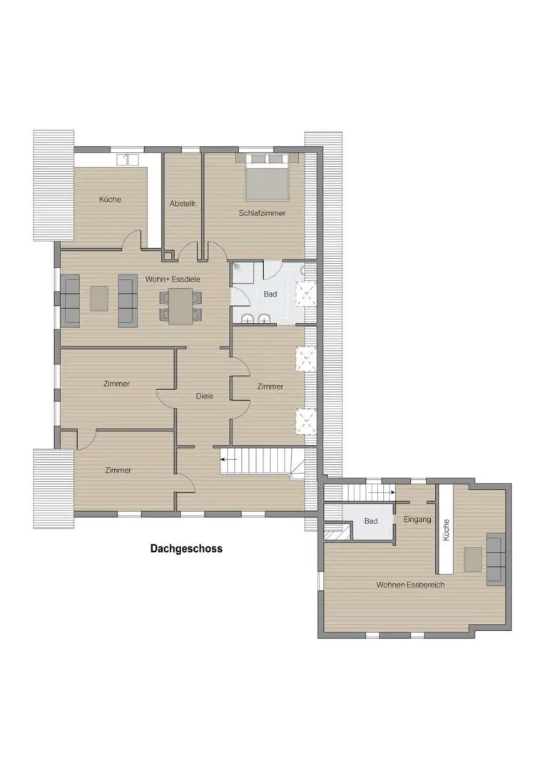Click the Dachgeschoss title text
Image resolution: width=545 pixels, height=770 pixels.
coord(186,548)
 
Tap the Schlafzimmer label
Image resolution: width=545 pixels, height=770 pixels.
coord(262,213)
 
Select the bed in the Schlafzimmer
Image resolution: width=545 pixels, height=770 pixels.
coord(267,177)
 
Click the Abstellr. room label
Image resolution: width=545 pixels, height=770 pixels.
coord(183,203)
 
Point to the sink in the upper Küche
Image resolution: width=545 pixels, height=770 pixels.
coord(128,160)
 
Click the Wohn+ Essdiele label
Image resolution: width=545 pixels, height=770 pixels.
coord(173,279)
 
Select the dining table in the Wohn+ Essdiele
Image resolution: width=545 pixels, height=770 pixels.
coord(180,305)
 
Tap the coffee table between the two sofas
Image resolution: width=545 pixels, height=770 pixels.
coord(99,299)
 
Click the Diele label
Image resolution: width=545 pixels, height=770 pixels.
coord(205,396)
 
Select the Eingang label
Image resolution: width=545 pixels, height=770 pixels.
coord(417,519)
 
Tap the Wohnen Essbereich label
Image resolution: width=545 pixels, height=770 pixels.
coord(410,585)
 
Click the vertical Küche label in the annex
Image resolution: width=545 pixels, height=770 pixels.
coord(447,530)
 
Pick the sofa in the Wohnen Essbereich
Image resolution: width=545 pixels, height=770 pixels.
coord(496,560)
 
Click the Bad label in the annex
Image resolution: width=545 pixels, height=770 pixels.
coord(371,520)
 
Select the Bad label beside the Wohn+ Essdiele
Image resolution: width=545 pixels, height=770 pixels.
coord(270,294)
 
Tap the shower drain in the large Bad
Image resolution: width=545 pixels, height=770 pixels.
coord(238,267)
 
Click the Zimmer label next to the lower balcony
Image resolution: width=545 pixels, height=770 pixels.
coord(118,471)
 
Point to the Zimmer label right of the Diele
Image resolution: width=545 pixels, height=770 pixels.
coord(270,386)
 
